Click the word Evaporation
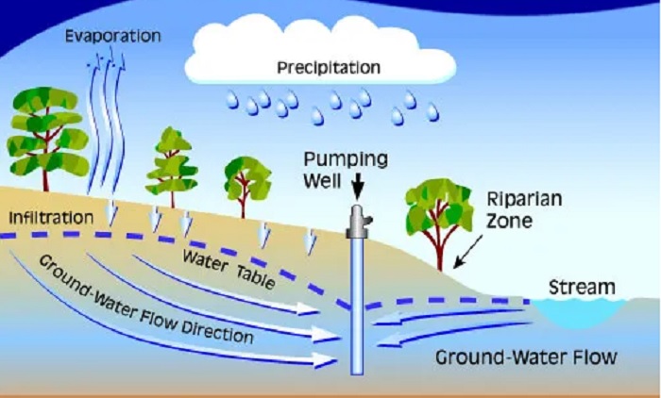click(113, 36)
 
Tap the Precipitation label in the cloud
click(329, 68)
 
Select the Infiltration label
click(51, 218)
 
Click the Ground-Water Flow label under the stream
click(526, 357)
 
